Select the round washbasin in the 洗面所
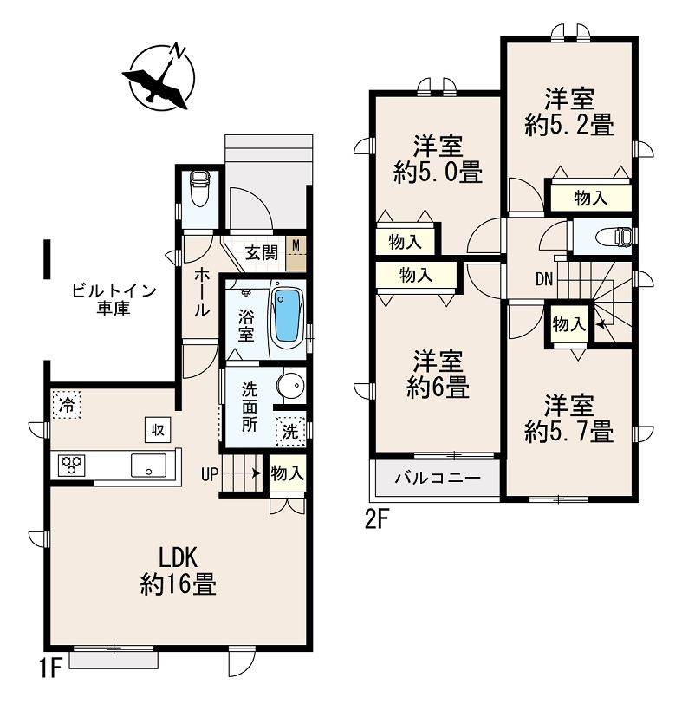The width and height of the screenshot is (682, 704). pyautogui.click(x=290, y=384)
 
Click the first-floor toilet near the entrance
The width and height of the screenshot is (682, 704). pyautogui.click(x=199, y=188)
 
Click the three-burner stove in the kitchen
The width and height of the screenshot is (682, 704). pyautogui.click(x=71, y=466)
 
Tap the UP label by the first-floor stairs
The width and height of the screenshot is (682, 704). pyautogui.click(x=210, y=473)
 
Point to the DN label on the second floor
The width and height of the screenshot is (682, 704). pyautogui.click(x=544, y=278)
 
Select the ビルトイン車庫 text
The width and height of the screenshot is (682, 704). pyautogui.click(x=113, y=299)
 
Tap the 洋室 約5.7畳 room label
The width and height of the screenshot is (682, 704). pyautogui.click(x=569, y=418)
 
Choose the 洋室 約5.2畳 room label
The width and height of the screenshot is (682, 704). pyautogui.click(x=569, y=111)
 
